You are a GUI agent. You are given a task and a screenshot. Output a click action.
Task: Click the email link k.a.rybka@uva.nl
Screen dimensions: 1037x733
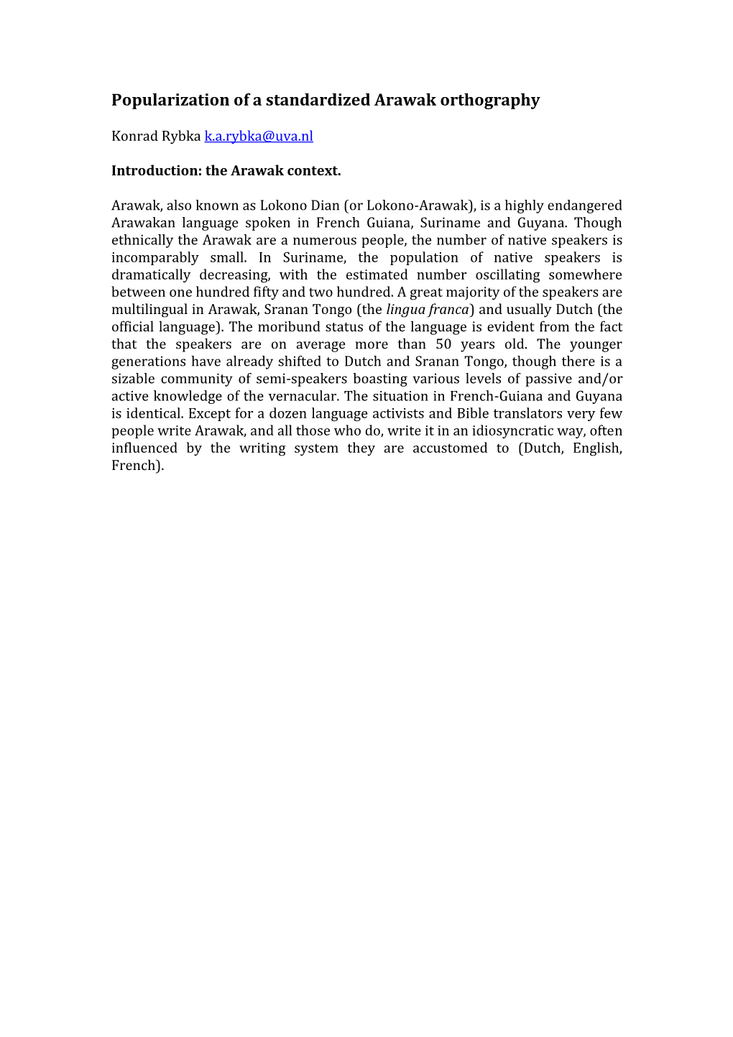point(259,137)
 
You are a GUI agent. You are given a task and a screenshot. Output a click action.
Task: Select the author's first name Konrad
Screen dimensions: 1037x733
point(134,137)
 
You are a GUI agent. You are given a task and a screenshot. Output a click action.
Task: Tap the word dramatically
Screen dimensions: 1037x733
point(150,275)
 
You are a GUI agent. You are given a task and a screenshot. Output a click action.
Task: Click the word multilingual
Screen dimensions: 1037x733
point(149,310)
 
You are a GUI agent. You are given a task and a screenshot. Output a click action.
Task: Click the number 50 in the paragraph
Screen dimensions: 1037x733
point(443,344)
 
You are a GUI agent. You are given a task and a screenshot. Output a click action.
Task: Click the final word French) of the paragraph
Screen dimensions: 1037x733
point(138,466)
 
